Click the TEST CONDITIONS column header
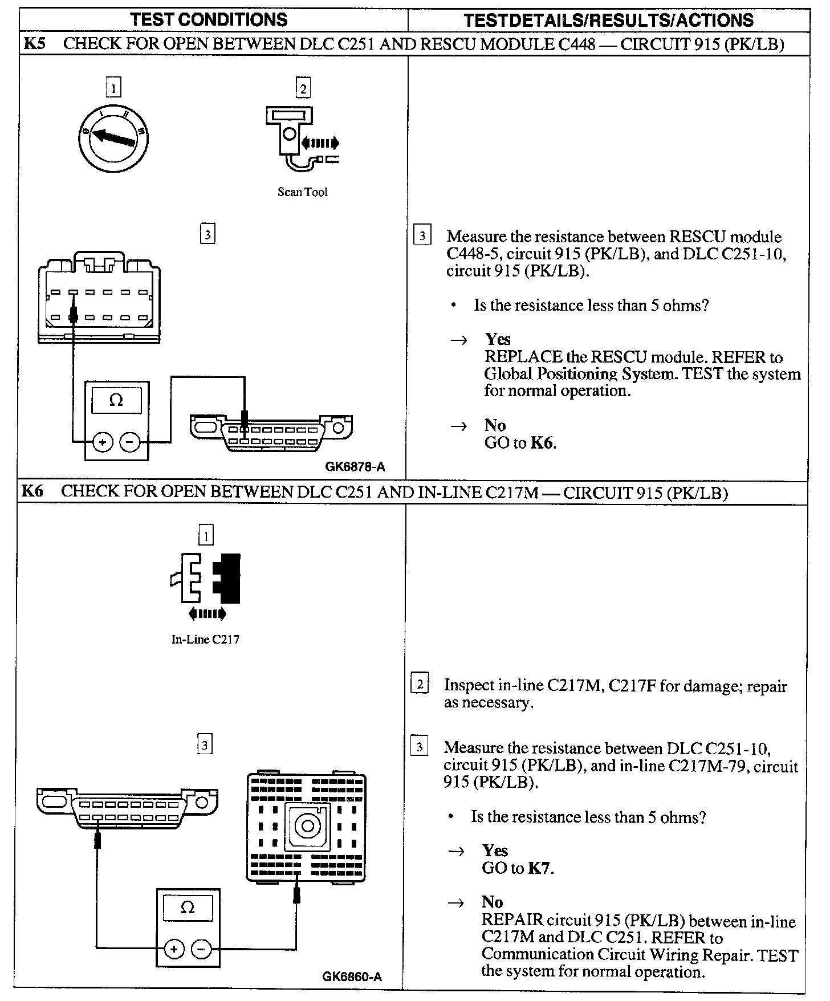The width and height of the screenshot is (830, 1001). (209, 20)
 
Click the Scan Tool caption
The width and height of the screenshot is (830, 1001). (302, 192)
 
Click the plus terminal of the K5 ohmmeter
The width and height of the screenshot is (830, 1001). (103, 442)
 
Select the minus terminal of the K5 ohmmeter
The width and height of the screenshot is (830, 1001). (131, 442)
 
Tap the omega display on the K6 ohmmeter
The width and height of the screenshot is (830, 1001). (188, 908)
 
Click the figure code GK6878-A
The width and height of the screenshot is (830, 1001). (355, 467)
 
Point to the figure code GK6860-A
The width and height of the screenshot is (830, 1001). (352, 976)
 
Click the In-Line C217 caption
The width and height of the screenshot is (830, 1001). (205, 639)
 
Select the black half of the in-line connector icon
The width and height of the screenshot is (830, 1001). (228, 578)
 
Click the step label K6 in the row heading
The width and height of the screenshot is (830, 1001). (32, 491)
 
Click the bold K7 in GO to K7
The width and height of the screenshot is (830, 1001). (540, 868)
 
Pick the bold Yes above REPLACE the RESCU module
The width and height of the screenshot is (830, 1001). (498, 340)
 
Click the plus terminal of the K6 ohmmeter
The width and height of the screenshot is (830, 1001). (174, 949)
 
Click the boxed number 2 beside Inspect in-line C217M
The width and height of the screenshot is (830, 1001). (420, 684)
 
